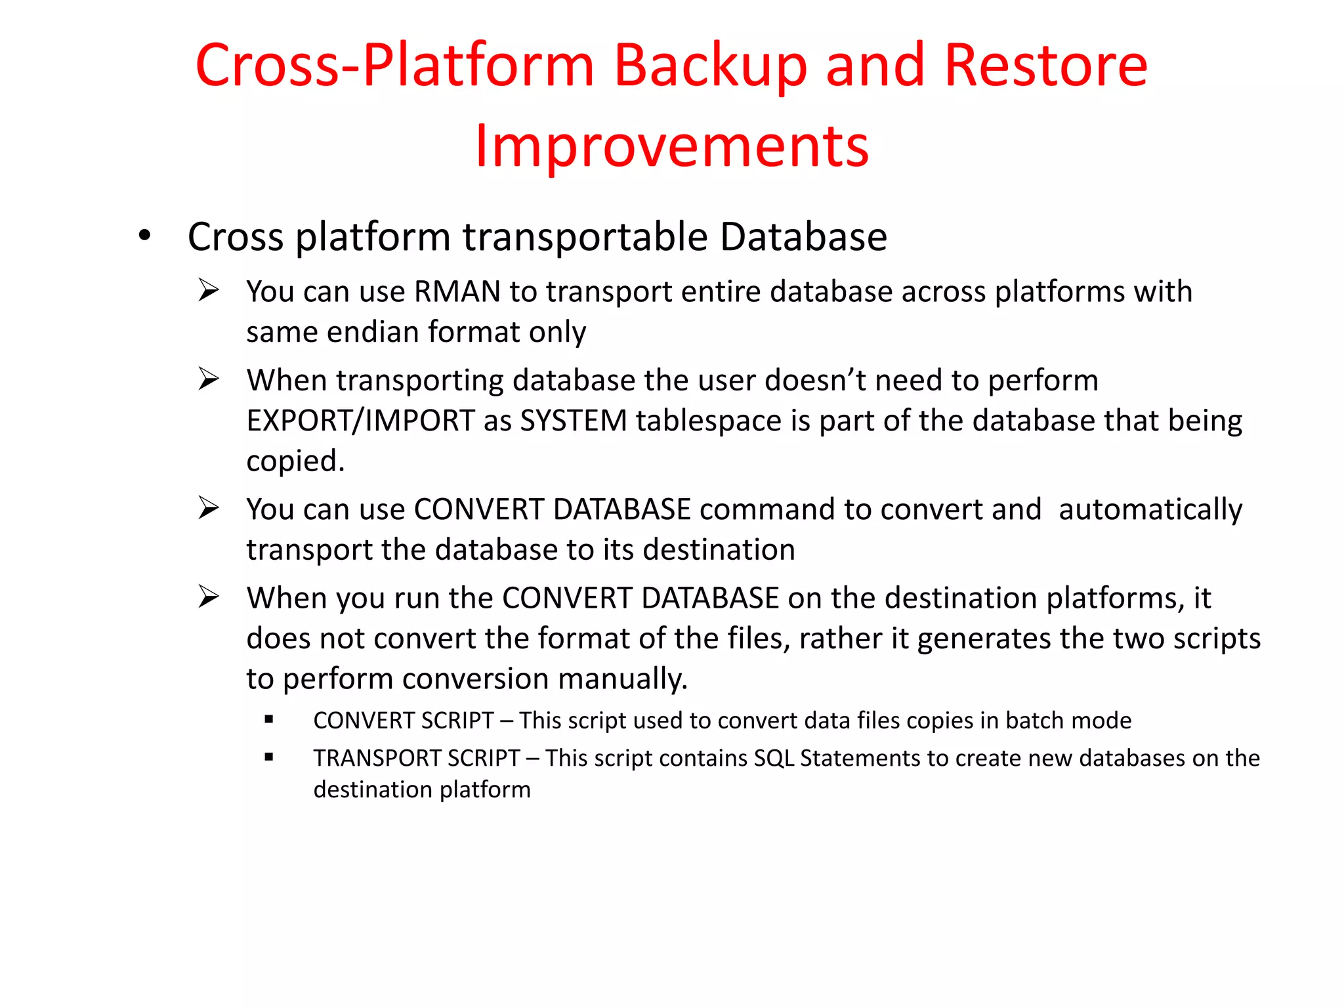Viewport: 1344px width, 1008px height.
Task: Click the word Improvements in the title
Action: pos(671,146)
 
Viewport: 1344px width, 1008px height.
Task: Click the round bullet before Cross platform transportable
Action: pos(144,236)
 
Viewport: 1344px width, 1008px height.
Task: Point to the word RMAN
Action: pos(457,291)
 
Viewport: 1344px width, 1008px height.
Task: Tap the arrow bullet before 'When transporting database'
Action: pos(208,379)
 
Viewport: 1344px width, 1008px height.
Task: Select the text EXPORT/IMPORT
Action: pos(360,421)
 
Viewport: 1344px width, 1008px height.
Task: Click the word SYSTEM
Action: pos(574,421)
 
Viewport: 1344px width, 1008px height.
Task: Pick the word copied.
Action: pos(295,461)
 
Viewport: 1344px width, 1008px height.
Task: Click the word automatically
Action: pos(1150,509)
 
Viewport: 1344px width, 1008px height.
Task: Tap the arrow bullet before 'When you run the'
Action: pos(208,597)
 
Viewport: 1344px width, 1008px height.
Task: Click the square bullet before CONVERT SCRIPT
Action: pos(268,720)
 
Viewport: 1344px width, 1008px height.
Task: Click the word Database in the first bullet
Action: pos(803,236)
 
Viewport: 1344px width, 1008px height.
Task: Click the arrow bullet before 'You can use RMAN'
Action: pos(208,290)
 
